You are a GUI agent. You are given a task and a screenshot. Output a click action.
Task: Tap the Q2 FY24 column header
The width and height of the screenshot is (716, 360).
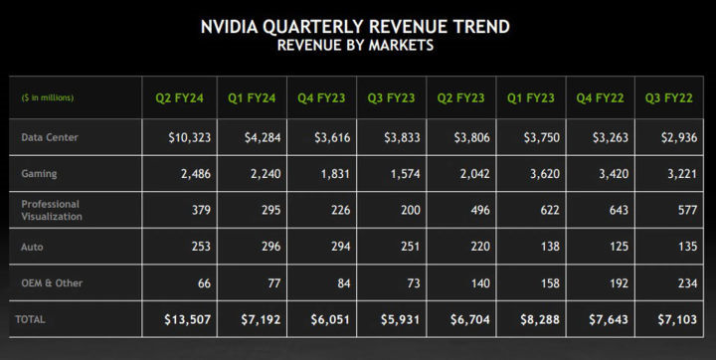[179, 97]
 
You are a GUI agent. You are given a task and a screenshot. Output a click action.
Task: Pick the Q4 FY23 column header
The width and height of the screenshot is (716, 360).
[320, 97]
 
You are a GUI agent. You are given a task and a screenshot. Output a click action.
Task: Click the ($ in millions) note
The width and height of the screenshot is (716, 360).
[47, 97]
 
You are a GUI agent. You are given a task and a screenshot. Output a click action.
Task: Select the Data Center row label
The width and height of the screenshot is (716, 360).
[50, 137]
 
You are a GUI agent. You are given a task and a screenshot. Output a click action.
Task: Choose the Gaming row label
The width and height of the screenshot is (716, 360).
[40, 174]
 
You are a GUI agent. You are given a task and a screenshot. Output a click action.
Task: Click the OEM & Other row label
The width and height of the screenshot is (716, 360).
[52, 283]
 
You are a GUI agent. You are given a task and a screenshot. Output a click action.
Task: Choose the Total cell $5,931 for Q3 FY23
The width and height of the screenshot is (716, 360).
[395, 320]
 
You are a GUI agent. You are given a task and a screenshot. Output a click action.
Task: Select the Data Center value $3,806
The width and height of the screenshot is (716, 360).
[464, 137]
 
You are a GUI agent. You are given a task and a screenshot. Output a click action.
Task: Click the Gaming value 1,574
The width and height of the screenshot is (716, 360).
[398, 174]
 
